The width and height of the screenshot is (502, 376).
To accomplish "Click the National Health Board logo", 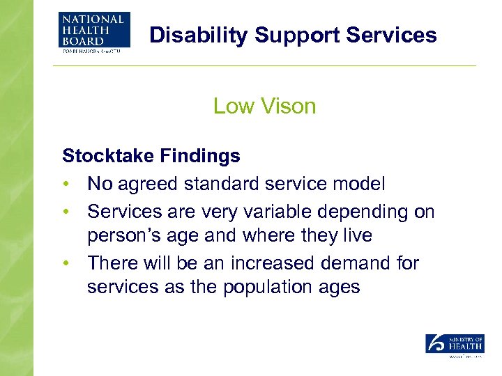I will click(91, 32).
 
